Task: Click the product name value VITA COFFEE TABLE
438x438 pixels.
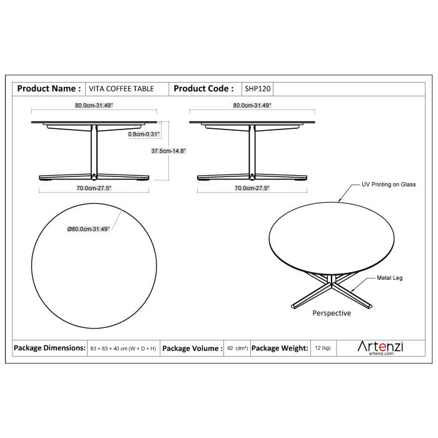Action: click(121, 89)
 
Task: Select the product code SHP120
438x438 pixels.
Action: click(258, 89)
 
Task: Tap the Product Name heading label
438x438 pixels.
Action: click(49, 89)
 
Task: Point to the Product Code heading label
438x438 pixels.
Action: click(203, 89)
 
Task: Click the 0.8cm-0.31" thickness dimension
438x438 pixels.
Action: click(144, 134)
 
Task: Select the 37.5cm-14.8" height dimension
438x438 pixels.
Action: click(168, 151)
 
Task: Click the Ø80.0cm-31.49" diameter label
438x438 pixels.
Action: click(89, 229)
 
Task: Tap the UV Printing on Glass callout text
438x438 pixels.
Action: click(389, 185)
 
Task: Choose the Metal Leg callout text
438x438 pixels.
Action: click(390, 278)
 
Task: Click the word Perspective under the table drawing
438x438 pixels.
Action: click(332, 313)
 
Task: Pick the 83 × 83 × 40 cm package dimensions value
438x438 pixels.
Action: click(123, 349)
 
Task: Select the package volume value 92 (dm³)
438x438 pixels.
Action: click(237, 349)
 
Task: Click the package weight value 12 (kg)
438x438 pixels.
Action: click(323, 348)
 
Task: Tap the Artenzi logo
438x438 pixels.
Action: click(380, 347)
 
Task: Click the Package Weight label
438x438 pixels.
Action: click(280, 348)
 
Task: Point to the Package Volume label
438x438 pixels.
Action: click(193, 349)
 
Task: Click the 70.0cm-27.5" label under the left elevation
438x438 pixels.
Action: click(94, 188)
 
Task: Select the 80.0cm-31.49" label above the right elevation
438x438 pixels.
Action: click(252, 105)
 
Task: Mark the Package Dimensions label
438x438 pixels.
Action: click(49, 348)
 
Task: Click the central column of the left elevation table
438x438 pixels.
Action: click(94, 152)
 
